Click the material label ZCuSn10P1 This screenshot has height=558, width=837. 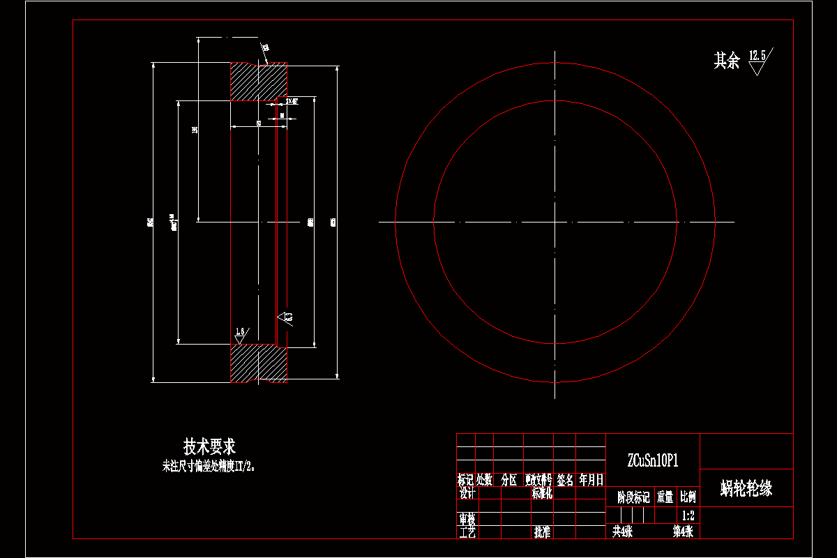click(x=653, y=460)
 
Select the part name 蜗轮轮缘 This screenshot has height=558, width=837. click(x=746, y=488)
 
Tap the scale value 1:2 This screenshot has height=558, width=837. click(x=688, y=516)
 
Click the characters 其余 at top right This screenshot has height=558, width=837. click(x=726, y=61)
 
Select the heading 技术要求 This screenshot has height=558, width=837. click(x=209, y=446)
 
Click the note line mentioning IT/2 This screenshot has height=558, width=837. click(x=209, y=467)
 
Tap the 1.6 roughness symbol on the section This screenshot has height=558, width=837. click(x=241, y=332)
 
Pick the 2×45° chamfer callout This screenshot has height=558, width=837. click(x=292, y=101)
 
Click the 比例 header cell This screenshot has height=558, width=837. click(x=688, y=497)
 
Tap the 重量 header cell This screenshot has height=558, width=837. click(x=665, y=497)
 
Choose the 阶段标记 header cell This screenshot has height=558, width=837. click(x=633, y=497)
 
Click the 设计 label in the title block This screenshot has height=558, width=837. click(x=467, y=493)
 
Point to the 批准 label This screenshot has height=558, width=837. click(x=543, y=532)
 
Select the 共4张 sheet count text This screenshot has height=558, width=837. click(x=622, y=531)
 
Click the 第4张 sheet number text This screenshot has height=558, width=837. click(x=683, y=531)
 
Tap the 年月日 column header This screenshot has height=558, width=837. click(x=591, y=480)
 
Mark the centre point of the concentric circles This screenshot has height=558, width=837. click(x=555, y=223)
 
